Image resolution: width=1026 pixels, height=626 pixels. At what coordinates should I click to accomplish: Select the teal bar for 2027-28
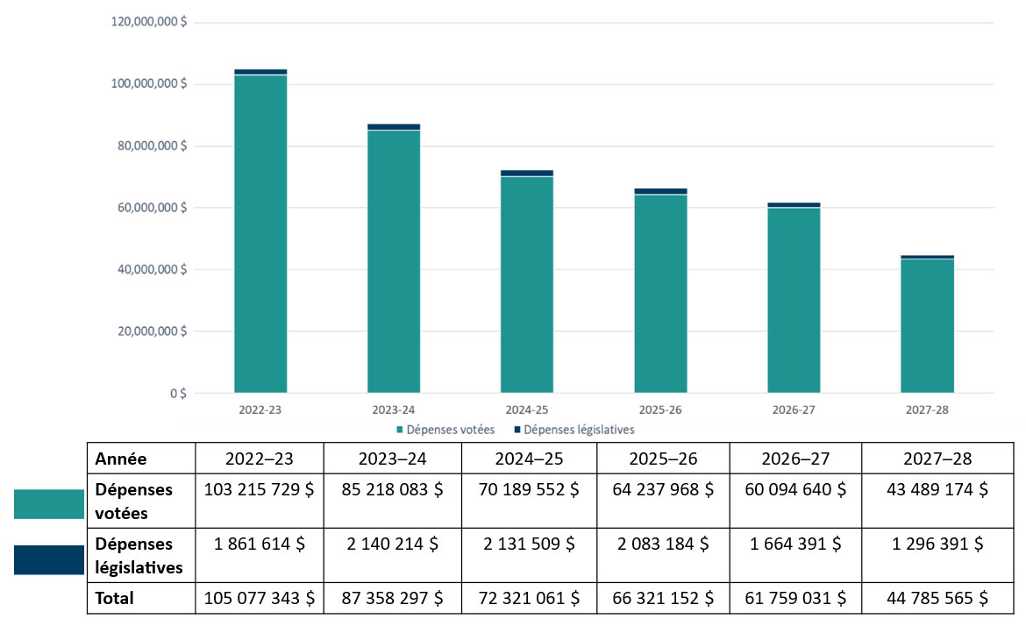(927, 325)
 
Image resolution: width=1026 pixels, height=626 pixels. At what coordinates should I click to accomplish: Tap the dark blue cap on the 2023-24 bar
(394, 127)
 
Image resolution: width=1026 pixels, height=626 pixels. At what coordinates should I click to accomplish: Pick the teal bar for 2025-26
(660, 293)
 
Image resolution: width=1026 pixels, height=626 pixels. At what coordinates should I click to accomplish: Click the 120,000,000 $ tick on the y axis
(148, 22)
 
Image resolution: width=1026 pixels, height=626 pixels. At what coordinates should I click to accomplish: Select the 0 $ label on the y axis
(177, 394)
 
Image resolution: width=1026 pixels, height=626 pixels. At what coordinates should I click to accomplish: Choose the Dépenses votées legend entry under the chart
(446, 430)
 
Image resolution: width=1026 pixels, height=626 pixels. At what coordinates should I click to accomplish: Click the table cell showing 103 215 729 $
(259, 490)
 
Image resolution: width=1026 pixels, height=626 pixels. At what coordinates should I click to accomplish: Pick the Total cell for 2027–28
(928, 599)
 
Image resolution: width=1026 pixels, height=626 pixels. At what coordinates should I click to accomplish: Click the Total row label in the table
(115, 599)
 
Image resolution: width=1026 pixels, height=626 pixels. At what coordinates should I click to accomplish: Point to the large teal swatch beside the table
(48, 504)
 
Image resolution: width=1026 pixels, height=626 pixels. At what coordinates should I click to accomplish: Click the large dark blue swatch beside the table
(48, 560)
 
